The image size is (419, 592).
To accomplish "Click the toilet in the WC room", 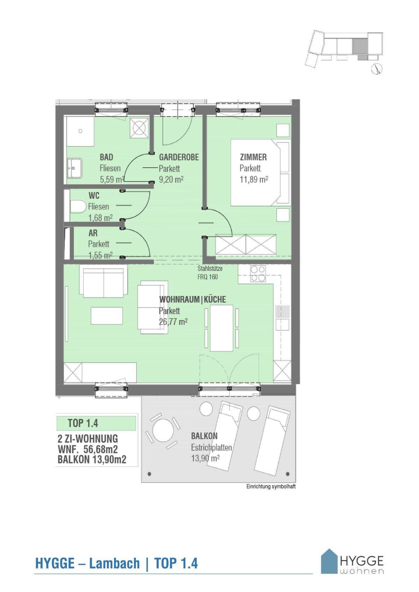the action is tap(78, 206).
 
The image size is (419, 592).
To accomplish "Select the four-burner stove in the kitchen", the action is tap(258, 274).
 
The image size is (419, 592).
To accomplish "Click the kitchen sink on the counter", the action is tap(282, 325).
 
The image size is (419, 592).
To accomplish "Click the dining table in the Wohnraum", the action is tap(221, 328).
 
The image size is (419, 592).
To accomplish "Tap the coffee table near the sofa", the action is tap(106, 316).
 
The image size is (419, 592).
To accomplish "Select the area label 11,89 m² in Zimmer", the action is tap(253, 180).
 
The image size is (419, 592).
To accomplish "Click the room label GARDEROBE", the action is tap(179, 157).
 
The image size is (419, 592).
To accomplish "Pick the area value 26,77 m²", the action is tap(173, 322).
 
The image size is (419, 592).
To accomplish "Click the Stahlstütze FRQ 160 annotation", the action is tap(210, 273).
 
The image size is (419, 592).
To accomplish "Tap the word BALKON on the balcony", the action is tap(204, 436).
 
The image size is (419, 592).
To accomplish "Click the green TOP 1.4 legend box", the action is tap(96, 423).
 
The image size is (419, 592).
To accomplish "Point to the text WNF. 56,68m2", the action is tap(88, 449).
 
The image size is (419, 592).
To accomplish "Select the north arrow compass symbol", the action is tap(377, 69).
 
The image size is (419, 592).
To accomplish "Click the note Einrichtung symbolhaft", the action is tap(271, 486).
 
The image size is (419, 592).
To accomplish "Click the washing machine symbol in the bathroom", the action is tap(139, 128).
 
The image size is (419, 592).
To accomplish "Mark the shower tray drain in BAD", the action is tap(80, 131).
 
